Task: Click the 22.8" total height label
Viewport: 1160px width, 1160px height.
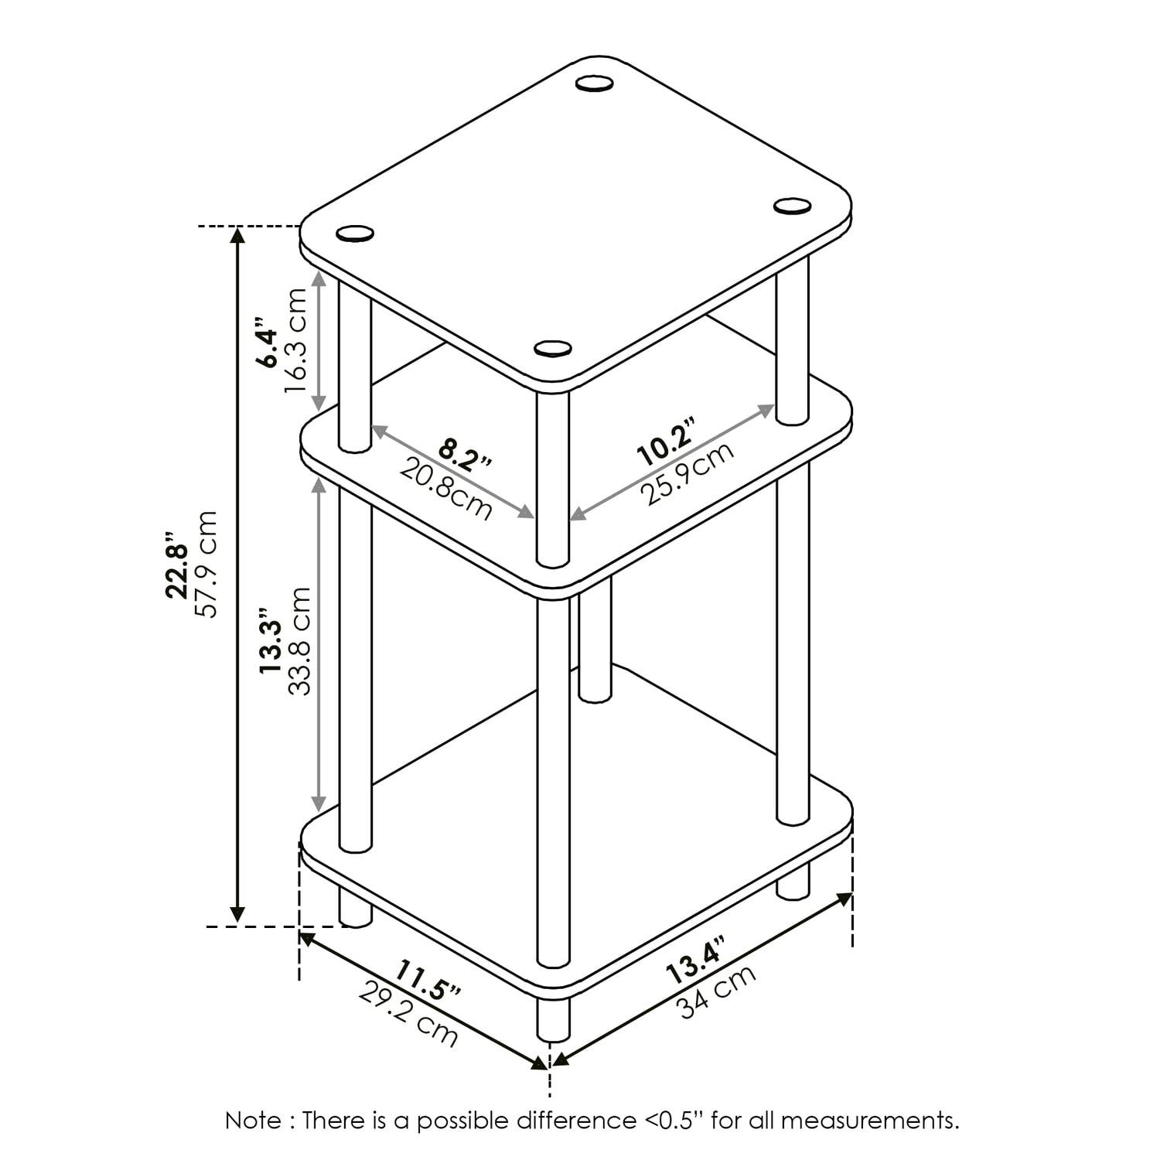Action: coord(177,564)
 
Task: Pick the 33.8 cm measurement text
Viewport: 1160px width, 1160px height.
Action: coord(299,641)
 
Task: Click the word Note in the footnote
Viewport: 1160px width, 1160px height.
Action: coord(252,1120)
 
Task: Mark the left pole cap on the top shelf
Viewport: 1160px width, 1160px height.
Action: coord(355,233)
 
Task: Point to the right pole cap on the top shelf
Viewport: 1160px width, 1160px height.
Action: coord(792,205)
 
